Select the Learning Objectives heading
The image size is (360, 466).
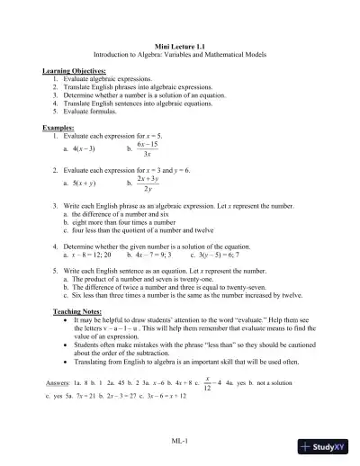[x=74, y=70]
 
